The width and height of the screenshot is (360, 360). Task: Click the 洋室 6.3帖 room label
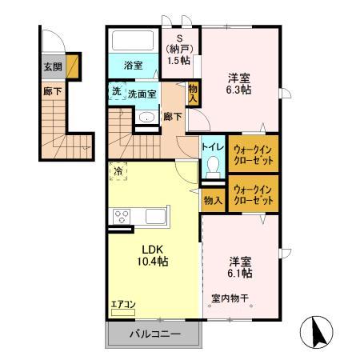[x=239, y=84]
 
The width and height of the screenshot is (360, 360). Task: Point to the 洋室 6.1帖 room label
[x=240, y=266]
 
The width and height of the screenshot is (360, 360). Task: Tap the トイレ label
[x=212, y=147]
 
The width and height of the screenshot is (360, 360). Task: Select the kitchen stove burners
[x=122, y=216]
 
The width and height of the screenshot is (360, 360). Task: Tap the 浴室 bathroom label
[x=133, y=65]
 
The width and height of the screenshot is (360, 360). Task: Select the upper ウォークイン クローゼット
[x=254, y=152]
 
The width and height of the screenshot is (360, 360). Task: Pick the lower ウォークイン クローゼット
[x=254, y=193]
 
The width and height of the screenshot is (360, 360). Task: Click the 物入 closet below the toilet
[x=212, y=200]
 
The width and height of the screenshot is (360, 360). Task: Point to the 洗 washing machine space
[x=117, y=92]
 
